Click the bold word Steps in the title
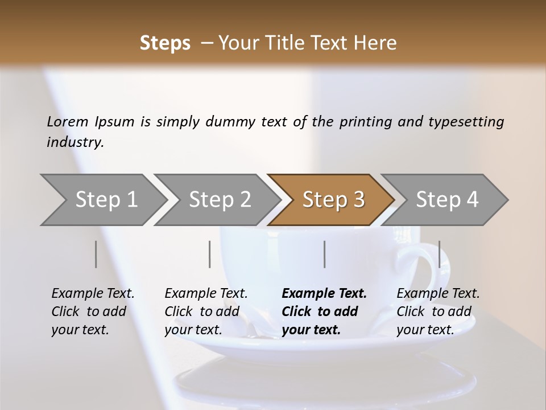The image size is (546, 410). click(x=165, y=43)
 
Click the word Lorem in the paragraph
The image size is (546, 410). click(x=67, y=122)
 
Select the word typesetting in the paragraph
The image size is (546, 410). click(x=466, y=122)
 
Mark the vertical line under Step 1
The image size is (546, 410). click(x=96, y=254)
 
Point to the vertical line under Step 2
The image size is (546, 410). click(x=210, y=254)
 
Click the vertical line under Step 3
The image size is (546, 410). click(x=324, y=254)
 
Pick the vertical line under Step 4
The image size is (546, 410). click(x=439, y=254)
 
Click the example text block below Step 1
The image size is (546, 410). click(x=93, y=311)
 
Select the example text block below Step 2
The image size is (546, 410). click(x=206, y=311)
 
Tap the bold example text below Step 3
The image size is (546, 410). click(x=324, y=311)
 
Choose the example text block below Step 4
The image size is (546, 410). click(x=438, y=311)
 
